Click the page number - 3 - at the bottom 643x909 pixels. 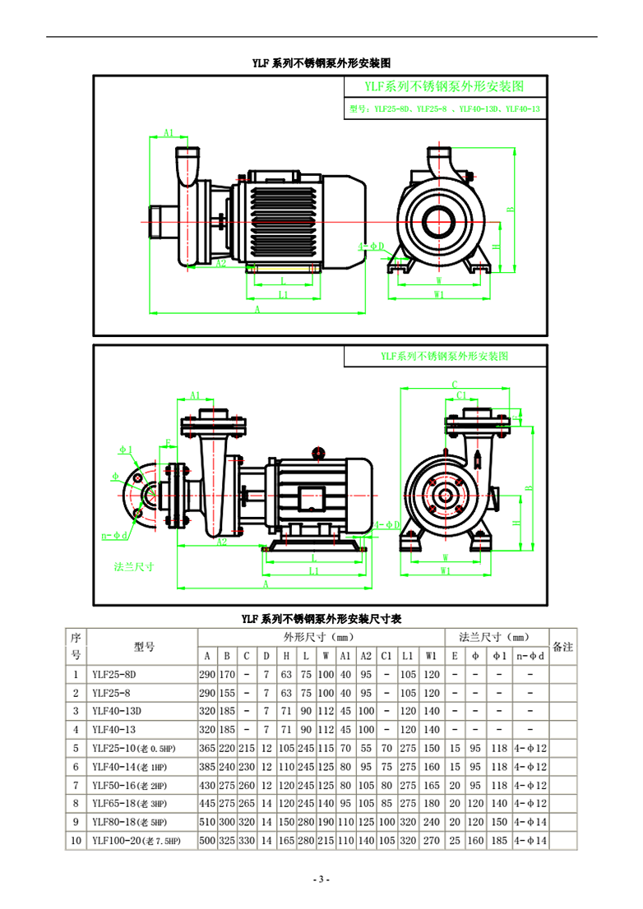(x=321, y=879)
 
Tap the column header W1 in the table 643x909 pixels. (x=431, y=656)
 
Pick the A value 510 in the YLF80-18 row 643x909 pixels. (x=206, y=822)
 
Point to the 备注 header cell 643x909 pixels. (x=562, y=647)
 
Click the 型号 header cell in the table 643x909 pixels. (x=144, y=647)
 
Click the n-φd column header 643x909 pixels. (x=530, y=656)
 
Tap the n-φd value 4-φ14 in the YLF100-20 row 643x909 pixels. (x=530, y=841)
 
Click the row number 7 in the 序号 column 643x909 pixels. (x=76, y=785)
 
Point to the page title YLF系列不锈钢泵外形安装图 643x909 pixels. (x=321, y=62)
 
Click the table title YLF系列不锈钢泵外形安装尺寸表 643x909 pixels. (x=321, y=618)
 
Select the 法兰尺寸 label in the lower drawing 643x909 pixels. (x=134, y=566)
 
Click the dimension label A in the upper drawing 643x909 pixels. (x=257, y=308)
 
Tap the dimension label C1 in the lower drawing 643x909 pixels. (x=462, y=395)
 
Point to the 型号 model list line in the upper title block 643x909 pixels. (x=445, y=108)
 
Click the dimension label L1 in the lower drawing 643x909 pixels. (x=314, y=570)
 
